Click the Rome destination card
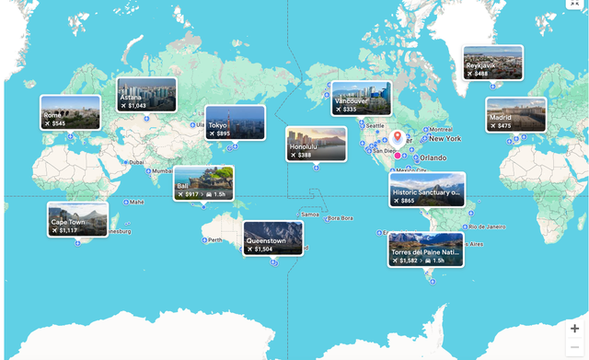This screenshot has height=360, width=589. pyautogui.click(x=70, y=112)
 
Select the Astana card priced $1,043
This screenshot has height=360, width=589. pyautogui.click(x=146, y=95)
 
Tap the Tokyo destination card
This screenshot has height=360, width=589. pyautogui.click(x=235, y=122)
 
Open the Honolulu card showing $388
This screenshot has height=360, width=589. pyautogui.click(x=316, y=144)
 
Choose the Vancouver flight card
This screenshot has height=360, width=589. pyautogui.click(x=361, y=99)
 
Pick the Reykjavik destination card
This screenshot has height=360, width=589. pyautogui.click(x=492, y=63)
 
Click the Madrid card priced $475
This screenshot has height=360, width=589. pyautogui.click(x=515, y=115)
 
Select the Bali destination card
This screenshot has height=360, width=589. pyautogui.click(x=202, y=183)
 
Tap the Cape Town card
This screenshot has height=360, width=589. pyautogui.click(x=77, y=219)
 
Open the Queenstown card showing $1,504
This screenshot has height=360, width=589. pyautogui.click(x=272, y=238)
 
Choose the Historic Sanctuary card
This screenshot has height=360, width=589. pyautogui.click(x=426, y=190)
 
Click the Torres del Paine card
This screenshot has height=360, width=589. pyautogui.click(x=425, y=249)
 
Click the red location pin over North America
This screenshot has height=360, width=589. pyautogui.click(x=398, y=138)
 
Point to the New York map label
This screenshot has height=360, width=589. pyautogui.click(x=445, y=139)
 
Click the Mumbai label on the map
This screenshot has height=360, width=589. pyautogui.click(x=162, y=170)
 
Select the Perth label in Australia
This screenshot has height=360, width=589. pyautogui.click(x=215, y=240)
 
